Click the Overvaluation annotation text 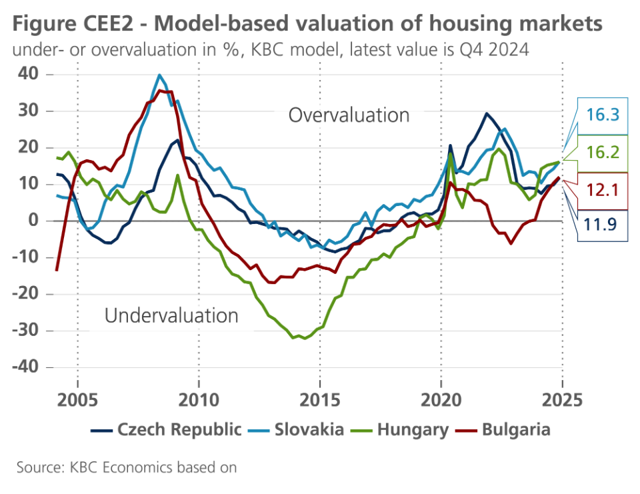click(x=349, y=115)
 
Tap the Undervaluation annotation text click(x=171, y=315)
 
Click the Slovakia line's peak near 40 click(x=159, y=75)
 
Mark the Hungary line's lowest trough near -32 click(x=305, y=338)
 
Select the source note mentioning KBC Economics click(x=127, y=467)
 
